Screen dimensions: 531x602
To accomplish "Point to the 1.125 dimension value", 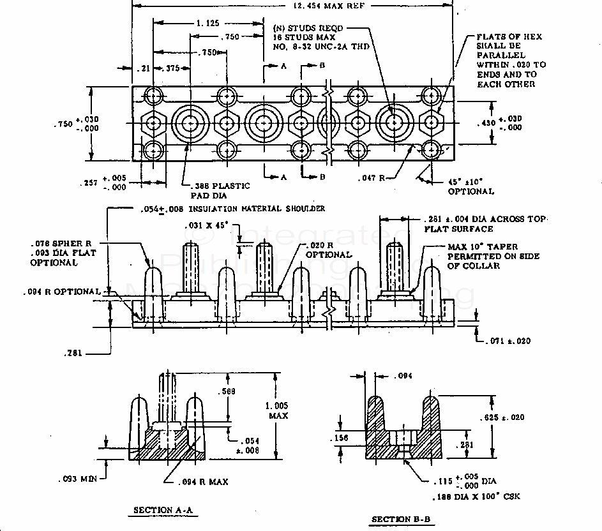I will click(x=209, y=23).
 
